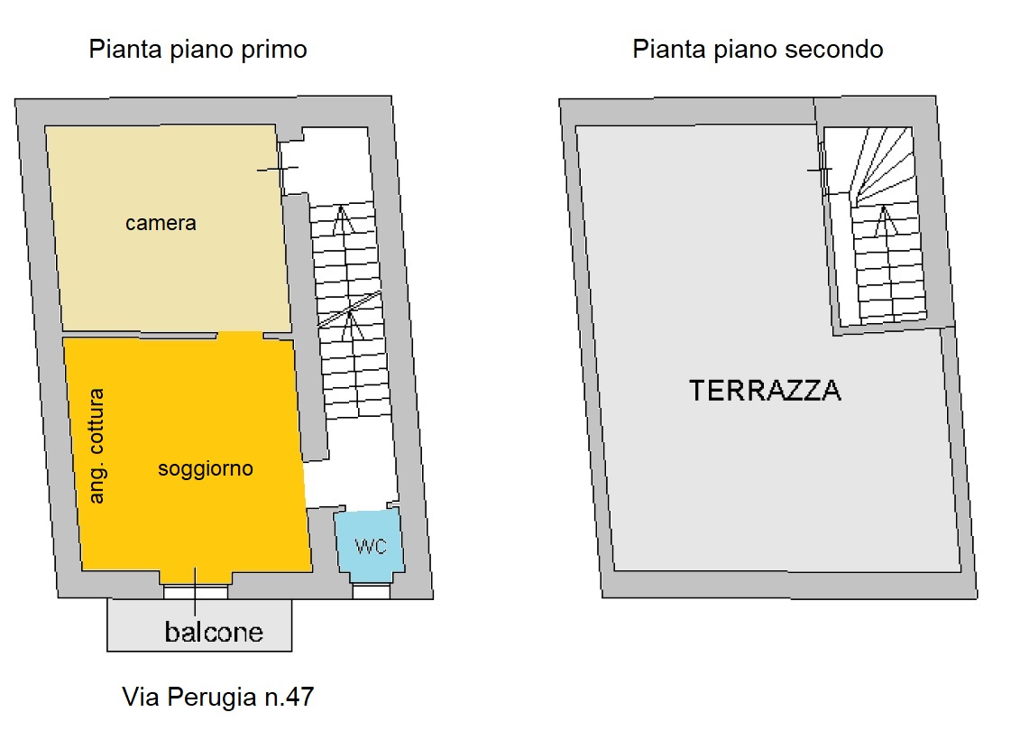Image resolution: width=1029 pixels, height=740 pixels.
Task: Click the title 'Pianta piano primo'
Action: point(198,50)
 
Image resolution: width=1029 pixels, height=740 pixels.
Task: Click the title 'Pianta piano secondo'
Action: point(758,50)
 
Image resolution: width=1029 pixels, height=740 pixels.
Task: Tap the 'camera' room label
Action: point(161,223)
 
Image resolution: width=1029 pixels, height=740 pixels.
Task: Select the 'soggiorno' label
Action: point(206,469)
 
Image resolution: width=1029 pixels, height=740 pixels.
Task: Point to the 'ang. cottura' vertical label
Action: point(96,447)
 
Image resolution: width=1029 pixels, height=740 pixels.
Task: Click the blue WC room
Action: point(370,544)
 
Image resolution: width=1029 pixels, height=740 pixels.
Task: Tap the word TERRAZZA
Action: point(765,391)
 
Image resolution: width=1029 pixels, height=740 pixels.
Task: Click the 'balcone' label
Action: point(214,633)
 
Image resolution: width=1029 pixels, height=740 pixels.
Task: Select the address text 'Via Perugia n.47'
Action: point(218,697)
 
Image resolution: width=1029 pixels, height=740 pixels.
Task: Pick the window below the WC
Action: point(372,592)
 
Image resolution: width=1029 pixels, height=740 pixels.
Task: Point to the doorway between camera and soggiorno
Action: point(240,336)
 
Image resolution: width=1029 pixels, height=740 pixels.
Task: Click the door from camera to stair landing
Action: point(280,168)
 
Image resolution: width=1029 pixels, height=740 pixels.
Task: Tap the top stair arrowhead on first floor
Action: point(341,219)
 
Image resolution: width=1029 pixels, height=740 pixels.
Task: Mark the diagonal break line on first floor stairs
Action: point(349,310)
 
